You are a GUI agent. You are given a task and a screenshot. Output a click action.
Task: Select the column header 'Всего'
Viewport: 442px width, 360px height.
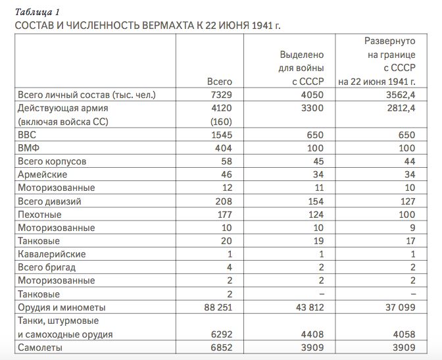pyautogui.click(x=219, y=82)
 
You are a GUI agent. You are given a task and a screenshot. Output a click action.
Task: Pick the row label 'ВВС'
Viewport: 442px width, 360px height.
pyautogui.click(x=28, y=135)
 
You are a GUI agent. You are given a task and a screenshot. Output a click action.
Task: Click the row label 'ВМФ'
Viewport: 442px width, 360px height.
pyautogui.click(x=30, y=148)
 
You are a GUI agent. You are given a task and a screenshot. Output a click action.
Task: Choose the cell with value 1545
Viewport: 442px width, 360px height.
pyautogui.click(x=220, y=135)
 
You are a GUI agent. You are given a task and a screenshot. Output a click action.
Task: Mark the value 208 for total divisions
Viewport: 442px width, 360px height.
pyautogui.click(x=222, y=201)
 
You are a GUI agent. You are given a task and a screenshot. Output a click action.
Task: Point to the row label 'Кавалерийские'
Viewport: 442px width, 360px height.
pyautogui.click(x=52, y=254)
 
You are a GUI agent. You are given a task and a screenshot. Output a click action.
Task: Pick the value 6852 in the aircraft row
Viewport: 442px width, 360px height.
pyautogui.click(x=220, y=347)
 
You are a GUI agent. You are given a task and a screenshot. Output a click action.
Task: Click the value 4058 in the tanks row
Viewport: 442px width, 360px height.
pyautogui.click(x=401, y=334)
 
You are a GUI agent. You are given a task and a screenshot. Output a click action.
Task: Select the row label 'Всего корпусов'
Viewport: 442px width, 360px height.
pyautogui.click(x=52, y=161)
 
